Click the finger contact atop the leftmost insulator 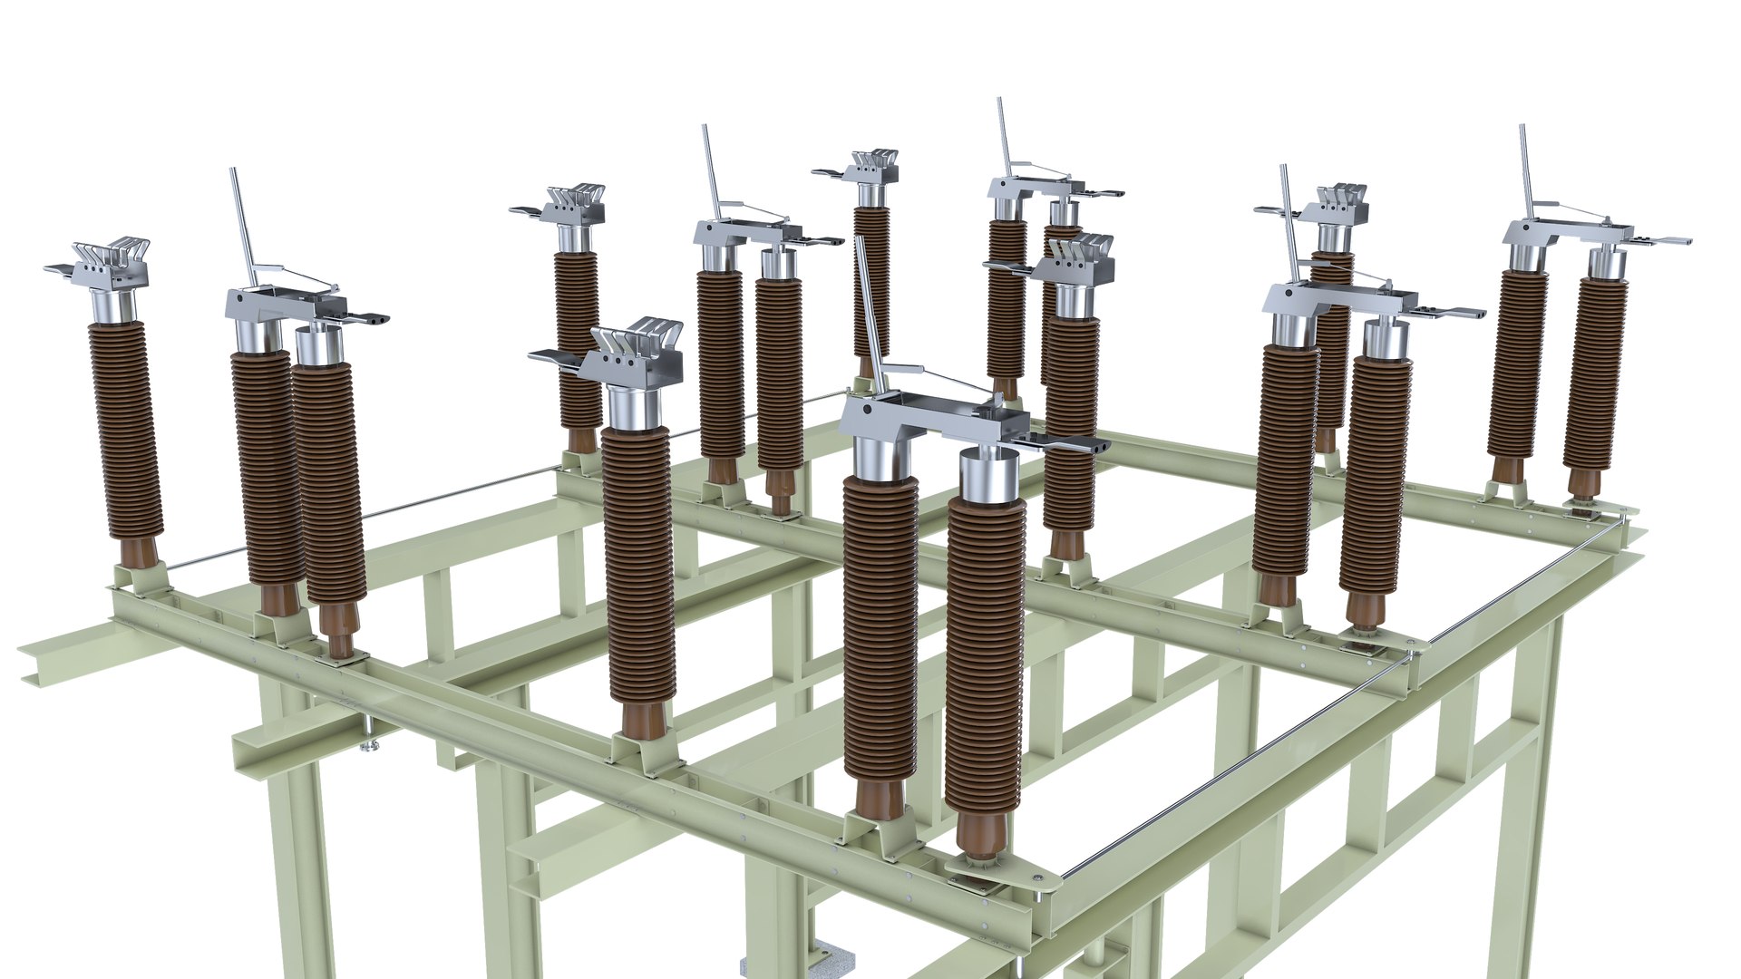pos(113,258)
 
